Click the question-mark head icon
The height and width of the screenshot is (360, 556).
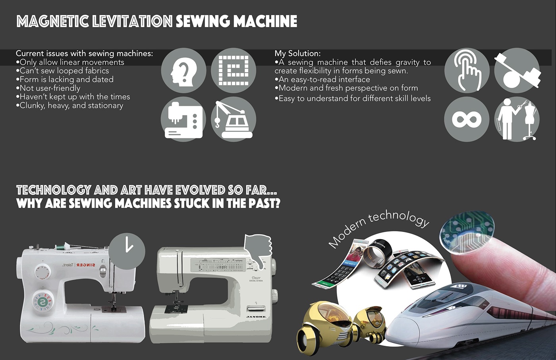tap(183, 71)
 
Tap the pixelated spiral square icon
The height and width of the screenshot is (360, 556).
tap(234, 71)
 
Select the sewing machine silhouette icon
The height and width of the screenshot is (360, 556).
tap(183, 119)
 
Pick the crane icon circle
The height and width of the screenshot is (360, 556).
tap(234, 119)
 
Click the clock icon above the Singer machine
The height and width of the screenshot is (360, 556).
tap(127, 251)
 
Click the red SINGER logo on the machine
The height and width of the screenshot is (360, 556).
tap(86, 265)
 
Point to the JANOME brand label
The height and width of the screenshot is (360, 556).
tap(256, 317)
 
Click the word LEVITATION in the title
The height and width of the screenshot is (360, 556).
tap(132, 21)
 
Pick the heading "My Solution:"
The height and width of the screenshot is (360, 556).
tap(297, 53)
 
